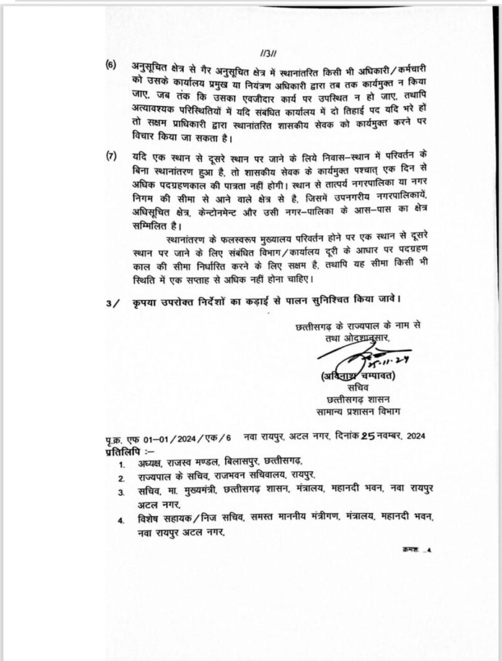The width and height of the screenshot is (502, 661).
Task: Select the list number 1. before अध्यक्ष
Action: (x=121, y=464)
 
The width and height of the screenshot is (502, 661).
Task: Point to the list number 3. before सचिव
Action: (x=121, y=493)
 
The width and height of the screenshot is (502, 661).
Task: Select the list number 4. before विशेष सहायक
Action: (x=121, y=520)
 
